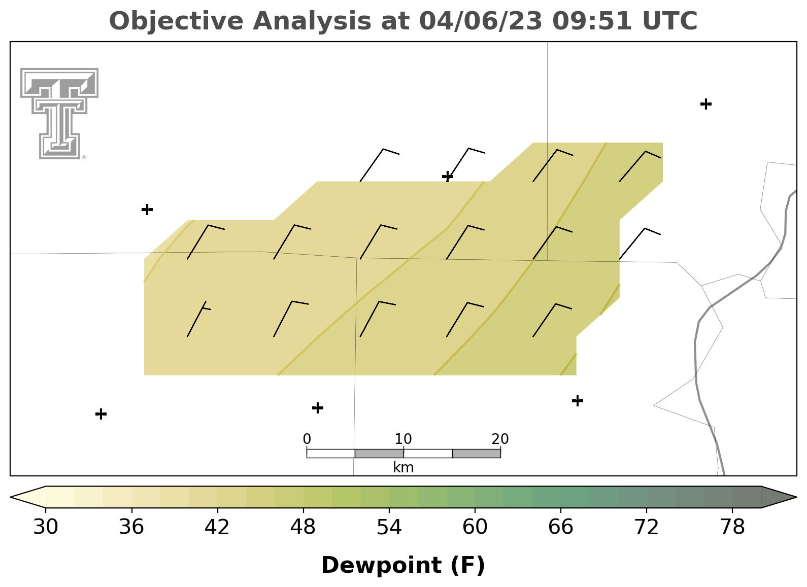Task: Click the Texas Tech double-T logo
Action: point(59,114)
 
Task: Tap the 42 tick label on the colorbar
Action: point(217,527)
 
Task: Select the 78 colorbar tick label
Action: point(732,527)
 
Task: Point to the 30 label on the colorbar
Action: point(45,527)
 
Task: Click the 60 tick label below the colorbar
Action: point(475,527)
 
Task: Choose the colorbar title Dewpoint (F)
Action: point(403,565)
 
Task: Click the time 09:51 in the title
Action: point(592,21)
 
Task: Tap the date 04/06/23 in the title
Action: point(481,21)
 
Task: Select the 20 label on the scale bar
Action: point(500,439)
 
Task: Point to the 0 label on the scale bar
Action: point(307,439)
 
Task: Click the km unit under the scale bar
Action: point(403,468)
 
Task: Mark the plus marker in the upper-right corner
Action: point(706,104)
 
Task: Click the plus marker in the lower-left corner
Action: point(101,414)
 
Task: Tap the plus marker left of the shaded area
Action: point(147,209)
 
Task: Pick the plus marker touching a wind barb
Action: point(448,177)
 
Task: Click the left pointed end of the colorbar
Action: point(11,497)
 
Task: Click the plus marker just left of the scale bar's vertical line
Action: point(317,408)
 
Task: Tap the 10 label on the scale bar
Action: point(403,439)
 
